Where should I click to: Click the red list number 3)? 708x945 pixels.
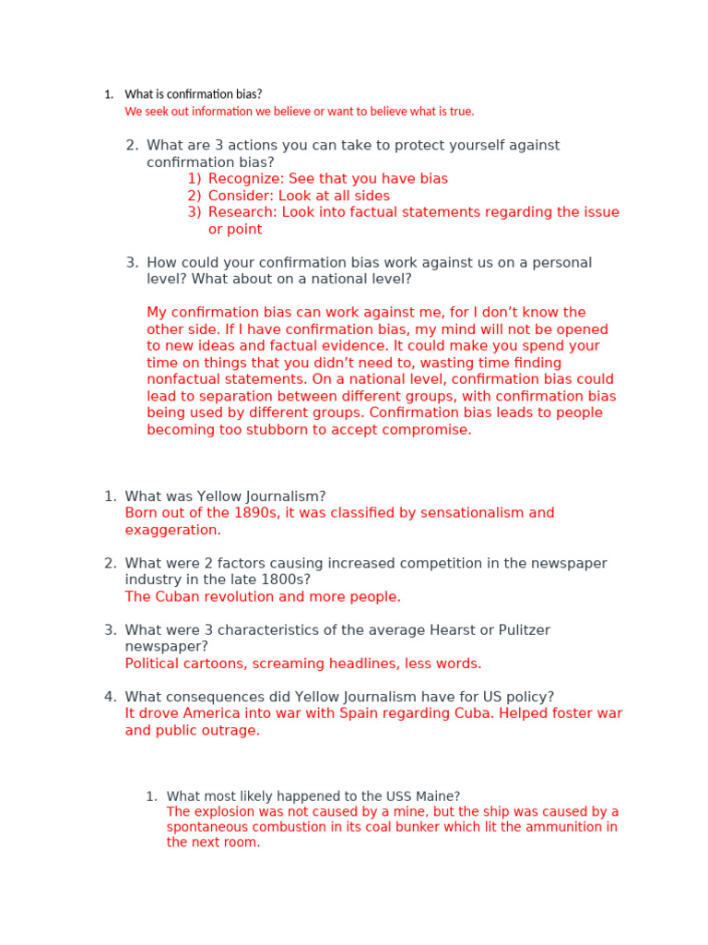(194, 212)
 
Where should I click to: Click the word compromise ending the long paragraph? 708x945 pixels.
(431, 430)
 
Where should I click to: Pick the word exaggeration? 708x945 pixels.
(171, 531)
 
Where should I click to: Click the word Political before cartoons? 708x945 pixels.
(153, 664)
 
